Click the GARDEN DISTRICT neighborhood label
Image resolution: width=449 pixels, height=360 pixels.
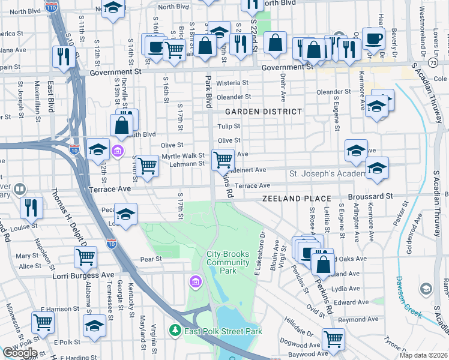click(263, 112)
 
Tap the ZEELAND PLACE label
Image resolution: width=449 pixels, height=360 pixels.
click(297, 199)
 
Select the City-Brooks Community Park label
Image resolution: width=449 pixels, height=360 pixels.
click(229, 262)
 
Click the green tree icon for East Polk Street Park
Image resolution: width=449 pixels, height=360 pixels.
click(175, 330)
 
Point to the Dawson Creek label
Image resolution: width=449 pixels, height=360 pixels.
click(408, 292)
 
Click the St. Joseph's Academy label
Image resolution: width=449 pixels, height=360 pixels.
click(327, 174)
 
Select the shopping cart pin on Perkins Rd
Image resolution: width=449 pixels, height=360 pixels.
click(223, 160)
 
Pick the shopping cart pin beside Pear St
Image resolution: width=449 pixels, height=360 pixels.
click(85, 257)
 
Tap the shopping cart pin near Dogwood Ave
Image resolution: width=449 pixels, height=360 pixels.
click(333, 338)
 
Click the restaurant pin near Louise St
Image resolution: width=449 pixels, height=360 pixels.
click(31, 208)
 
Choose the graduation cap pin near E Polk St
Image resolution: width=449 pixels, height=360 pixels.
click(94, 326)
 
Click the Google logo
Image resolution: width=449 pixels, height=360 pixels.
click(19, 353)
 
